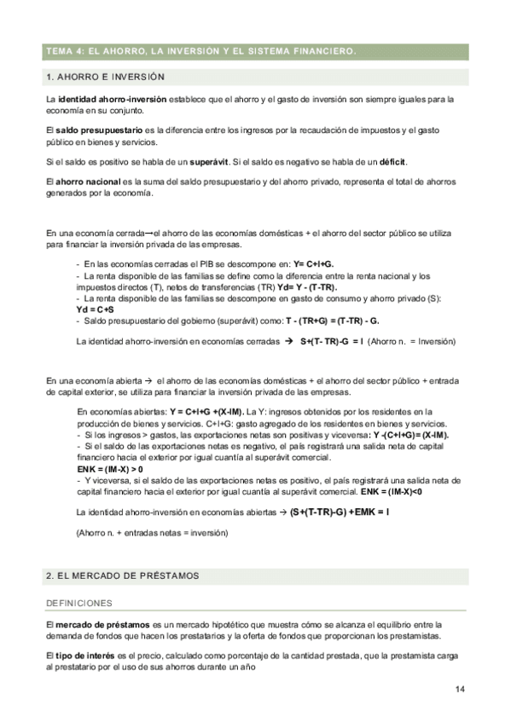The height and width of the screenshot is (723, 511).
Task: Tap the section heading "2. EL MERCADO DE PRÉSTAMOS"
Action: coord(122,576)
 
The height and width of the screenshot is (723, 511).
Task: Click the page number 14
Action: coord(460,689)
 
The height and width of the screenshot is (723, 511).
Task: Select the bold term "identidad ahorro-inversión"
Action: coord(112,101)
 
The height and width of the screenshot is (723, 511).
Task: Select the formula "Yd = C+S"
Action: coord(95,309)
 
